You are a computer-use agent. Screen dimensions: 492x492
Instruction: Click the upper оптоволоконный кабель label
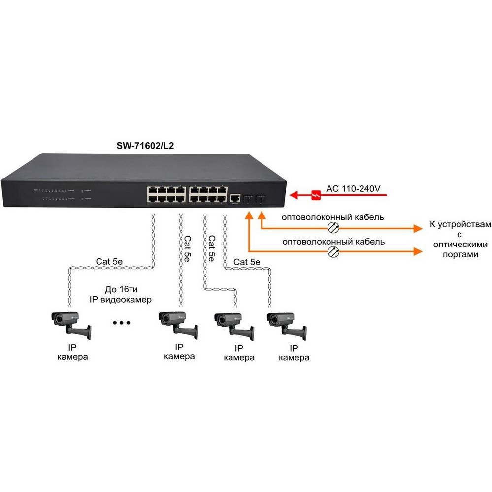click(333, 217)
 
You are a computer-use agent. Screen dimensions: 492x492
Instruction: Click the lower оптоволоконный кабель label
click(333, 242)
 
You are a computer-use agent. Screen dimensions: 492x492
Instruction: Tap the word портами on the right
click(460, 254)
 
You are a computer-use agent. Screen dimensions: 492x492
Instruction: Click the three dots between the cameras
click(121, 323)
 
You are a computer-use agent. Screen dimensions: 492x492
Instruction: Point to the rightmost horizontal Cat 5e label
click(247, 262)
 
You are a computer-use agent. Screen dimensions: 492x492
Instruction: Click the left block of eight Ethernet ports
click(164, 193)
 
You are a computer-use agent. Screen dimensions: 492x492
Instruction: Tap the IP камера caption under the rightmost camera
click(294, 353)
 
